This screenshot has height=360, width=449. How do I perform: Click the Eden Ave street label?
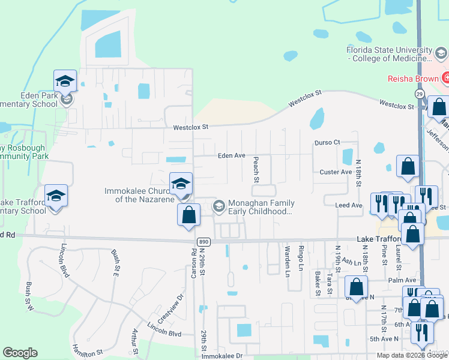pos(232,155)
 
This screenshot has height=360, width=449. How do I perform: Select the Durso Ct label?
pos(327,142)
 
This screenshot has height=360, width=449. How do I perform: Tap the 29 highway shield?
pos(419,95)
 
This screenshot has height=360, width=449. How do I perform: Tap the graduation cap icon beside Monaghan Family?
pos(219,206)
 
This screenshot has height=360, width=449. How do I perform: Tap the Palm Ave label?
pos(402,280)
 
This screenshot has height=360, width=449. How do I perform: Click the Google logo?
pos(20,353)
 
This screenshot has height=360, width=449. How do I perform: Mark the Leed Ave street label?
pos(349,205)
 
